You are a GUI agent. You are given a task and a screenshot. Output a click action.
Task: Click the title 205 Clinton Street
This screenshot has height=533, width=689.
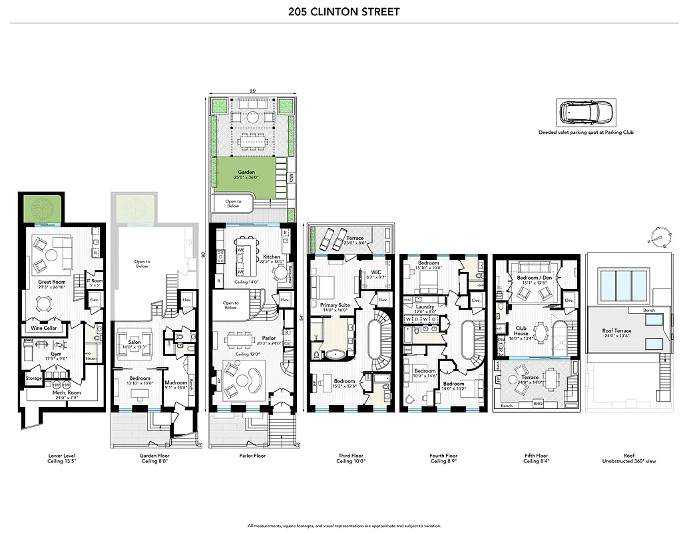coord(344,11)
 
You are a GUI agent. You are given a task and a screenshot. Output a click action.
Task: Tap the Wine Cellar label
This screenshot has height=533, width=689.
coord(42,328)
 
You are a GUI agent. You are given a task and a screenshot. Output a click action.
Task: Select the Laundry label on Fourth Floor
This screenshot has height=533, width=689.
coord(426,308)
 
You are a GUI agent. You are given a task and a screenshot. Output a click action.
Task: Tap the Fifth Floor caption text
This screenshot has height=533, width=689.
coord(536,458)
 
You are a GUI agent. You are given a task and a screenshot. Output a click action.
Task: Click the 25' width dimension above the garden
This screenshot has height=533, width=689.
coord(252,91)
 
